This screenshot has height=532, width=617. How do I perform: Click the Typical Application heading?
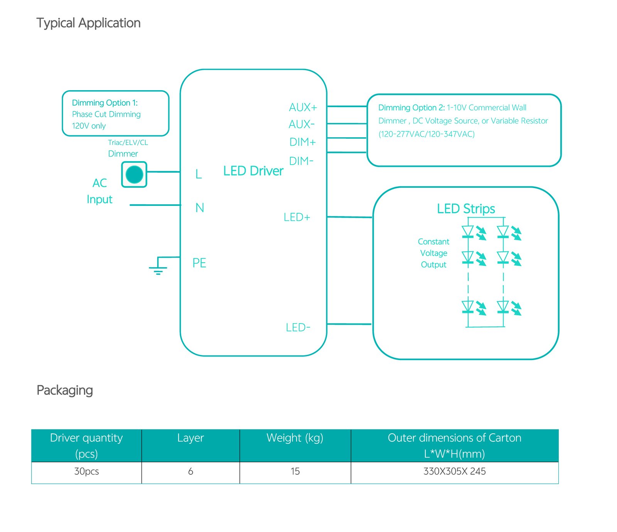click(88, 23)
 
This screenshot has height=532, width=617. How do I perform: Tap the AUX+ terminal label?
click(303, 107)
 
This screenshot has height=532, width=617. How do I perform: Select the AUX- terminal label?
click(302, 125)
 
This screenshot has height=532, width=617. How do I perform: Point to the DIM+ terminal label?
click(302, 142)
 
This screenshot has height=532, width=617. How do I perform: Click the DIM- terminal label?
click(301, 161)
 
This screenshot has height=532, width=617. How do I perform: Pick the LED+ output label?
click(297, 217)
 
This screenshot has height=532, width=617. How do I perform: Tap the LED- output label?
click(298, 328)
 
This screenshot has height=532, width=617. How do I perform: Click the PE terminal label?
click(199, 263)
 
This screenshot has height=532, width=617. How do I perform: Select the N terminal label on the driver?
click(199, 208)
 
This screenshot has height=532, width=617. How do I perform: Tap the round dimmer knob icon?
click(134, 174)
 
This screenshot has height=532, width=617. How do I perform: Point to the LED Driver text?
click(253, 171)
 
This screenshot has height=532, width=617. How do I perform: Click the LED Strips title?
click(466, 209)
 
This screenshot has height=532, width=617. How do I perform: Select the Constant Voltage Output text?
click(433, 253)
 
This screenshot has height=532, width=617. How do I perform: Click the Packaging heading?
click(65, 390)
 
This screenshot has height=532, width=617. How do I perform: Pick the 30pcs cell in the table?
click(86, 471)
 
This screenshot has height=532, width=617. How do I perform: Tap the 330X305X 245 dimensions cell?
click(454, 471)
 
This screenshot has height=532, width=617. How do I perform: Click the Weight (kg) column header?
click(295, 438)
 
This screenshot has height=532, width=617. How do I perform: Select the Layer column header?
click(190, 438)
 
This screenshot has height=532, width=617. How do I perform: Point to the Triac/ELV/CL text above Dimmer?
click(128, 143)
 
